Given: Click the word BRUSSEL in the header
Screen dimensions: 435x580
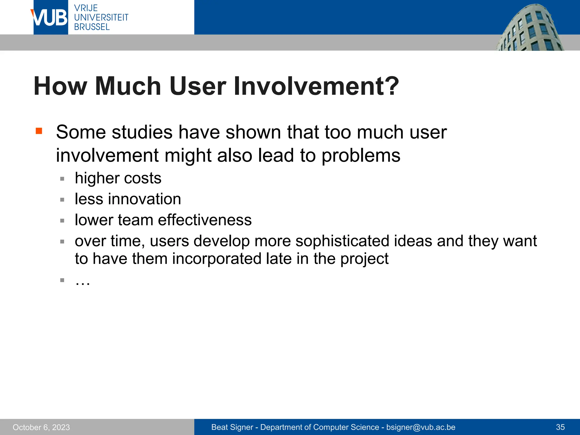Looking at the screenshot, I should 92,27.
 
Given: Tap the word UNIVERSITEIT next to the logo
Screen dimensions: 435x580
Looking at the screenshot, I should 101,17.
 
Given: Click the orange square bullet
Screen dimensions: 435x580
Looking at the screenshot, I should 39,131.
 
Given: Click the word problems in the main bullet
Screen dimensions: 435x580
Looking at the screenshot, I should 361,155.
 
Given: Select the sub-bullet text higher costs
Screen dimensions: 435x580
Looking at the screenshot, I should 118,178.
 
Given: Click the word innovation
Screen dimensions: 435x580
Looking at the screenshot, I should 144,199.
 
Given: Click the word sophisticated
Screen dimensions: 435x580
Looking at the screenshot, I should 342,241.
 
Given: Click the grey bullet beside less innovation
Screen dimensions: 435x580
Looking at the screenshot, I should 62,200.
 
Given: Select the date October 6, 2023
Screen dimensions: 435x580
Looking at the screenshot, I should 41,427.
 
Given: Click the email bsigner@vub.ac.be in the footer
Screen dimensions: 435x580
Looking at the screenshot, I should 421,427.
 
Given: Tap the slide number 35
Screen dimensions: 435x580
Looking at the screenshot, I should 560,427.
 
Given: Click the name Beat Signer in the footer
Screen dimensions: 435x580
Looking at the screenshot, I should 232,427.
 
